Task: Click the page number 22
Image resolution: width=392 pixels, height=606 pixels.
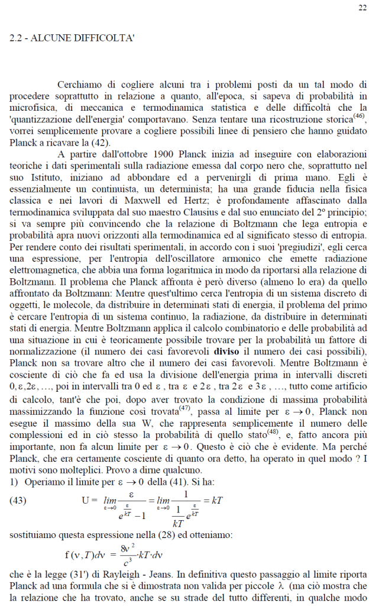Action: coord(362,7)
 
